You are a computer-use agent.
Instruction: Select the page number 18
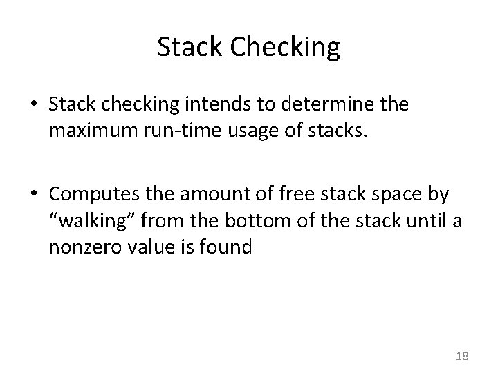(x=462, y=356)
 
